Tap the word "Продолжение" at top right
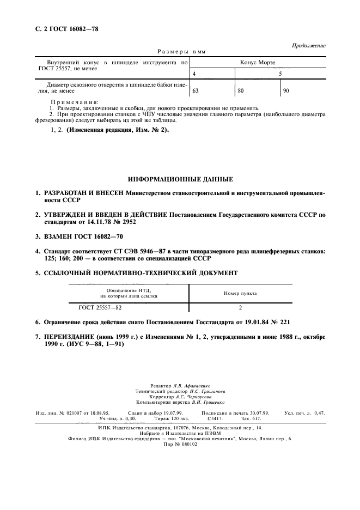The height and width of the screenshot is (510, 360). [x=308, y=46]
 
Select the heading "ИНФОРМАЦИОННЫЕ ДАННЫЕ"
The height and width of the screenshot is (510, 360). [x=181, y=179]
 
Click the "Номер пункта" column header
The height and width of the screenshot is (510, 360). [x=240, y=293]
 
